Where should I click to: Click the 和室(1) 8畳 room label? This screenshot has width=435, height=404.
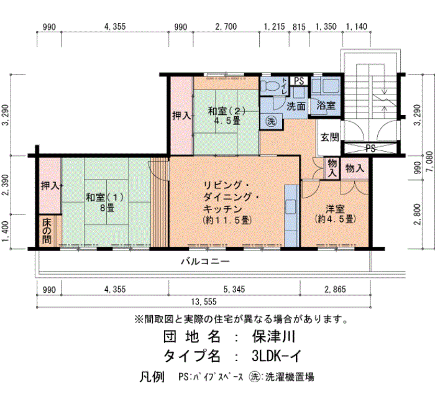(104, 203)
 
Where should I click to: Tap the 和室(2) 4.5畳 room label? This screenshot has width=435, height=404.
(227, 116)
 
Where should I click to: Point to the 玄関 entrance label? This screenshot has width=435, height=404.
(329, 137)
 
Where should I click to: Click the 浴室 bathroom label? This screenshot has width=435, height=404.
(326, 106)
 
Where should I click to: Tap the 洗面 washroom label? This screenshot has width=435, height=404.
(296, 106)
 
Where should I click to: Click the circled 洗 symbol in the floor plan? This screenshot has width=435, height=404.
(271, 121)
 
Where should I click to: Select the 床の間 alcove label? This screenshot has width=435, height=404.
(47, 231)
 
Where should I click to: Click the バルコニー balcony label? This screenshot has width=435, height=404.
(205, 262)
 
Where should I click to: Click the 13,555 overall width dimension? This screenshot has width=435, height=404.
(204, 301)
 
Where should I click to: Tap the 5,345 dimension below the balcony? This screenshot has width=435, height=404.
(234, 290)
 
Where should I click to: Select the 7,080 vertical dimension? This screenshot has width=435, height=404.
(430, 162)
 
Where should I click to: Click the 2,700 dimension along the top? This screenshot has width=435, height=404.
(226, 27)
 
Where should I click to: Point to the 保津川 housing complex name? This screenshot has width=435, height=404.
(273, 337)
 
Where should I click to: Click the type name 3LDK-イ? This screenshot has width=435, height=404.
(277, 356)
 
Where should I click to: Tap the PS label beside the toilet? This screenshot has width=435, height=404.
(299, 81)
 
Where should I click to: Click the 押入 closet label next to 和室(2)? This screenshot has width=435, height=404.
(181, 116)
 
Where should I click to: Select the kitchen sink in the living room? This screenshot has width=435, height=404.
(290, 207)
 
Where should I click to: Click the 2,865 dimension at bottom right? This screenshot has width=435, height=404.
(335, 290)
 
